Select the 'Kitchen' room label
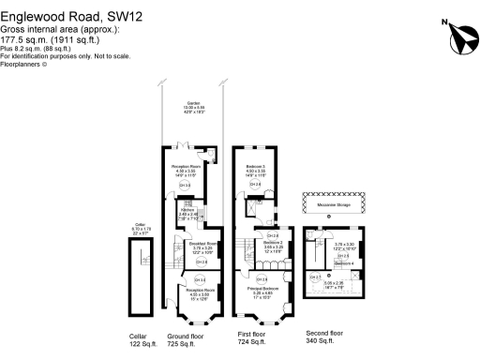coord(187,209)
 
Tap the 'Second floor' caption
coord(324,334)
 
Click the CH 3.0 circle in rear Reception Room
coord(185,186)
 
